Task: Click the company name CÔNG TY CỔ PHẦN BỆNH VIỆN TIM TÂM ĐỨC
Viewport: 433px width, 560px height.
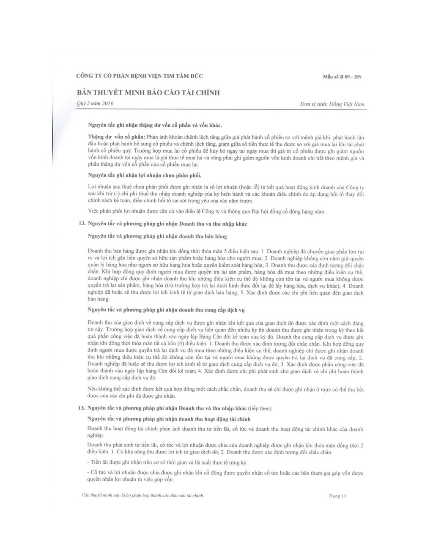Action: [140, 76]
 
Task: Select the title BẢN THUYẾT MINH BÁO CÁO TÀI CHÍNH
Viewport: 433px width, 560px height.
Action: [148, 93]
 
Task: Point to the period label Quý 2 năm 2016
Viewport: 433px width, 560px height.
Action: [95, 104]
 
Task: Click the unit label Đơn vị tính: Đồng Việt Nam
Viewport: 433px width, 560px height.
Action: [332, 104]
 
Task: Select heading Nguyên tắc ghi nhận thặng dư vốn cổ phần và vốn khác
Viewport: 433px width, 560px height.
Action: [154, 125]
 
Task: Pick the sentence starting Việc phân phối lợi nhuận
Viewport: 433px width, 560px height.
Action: [207, 211]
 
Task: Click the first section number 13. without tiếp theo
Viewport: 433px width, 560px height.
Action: [82, 224]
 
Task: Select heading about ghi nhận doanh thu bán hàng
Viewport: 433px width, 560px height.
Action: [160, 236]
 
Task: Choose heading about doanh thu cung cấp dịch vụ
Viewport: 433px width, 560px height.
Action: [166, 310]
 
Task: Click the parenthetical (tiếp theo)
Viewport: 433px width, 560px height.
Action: [260, 408]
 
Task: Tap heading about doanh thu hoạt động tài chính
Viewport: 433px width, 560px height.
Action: [169, 419]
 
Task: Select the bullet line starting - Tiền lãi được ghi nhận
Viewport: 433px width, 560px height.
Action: [167, 462]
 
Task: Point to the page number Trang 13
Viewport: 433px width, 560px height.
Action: [337, 496]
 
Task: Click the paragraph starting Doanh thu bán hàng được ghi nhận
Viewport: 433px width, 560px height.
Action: [225, 275]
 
